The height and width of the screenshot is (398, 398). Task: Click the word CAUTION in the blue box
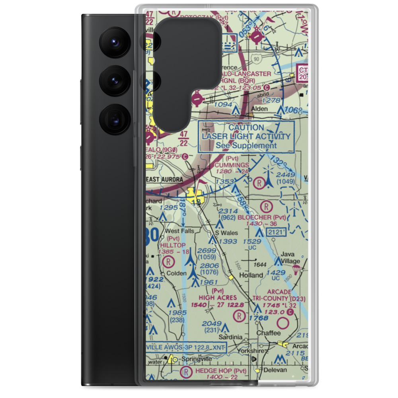click(246, 128)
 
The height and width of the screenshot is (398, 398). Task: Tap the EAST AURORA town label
click(165, 179)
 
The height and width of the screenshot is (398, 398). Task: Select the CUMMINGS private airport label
click(232, 165)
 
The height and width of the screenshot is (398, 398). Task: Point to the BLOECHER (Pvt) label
click(261, 217)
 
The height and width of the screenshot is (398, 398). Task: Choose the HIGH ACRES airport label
click(218, 297)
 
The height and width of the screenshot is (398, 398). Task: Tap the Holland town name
click(251, 275)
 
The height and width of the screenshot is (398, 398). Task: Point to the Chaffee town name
click(268, 333)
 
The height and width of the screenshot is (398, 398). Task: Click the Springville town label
click(195, 359)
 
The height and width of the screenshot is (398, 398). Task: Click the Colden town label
click(176, 273)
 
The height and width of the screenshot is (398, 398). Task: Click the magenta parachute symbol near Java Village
click(296, 270)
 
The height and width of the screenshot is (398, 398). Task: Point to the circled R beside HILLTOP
click(168, 261)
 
